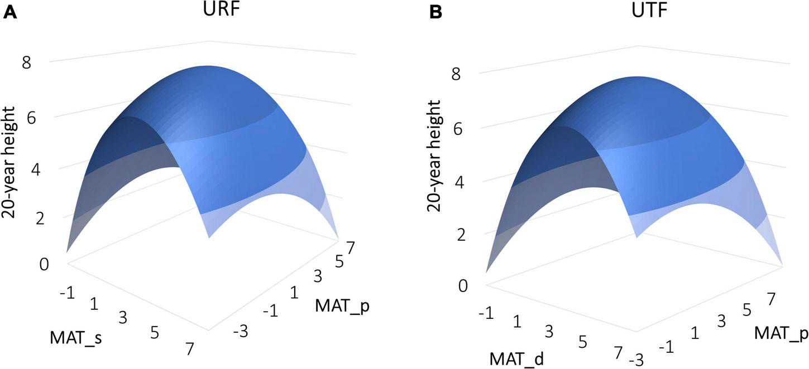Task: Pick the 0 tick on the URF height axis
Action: pyautogui.click(x=44, y=264)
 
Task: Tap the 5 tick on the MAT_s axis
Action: pyautogui.click(x=155, y=333)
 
